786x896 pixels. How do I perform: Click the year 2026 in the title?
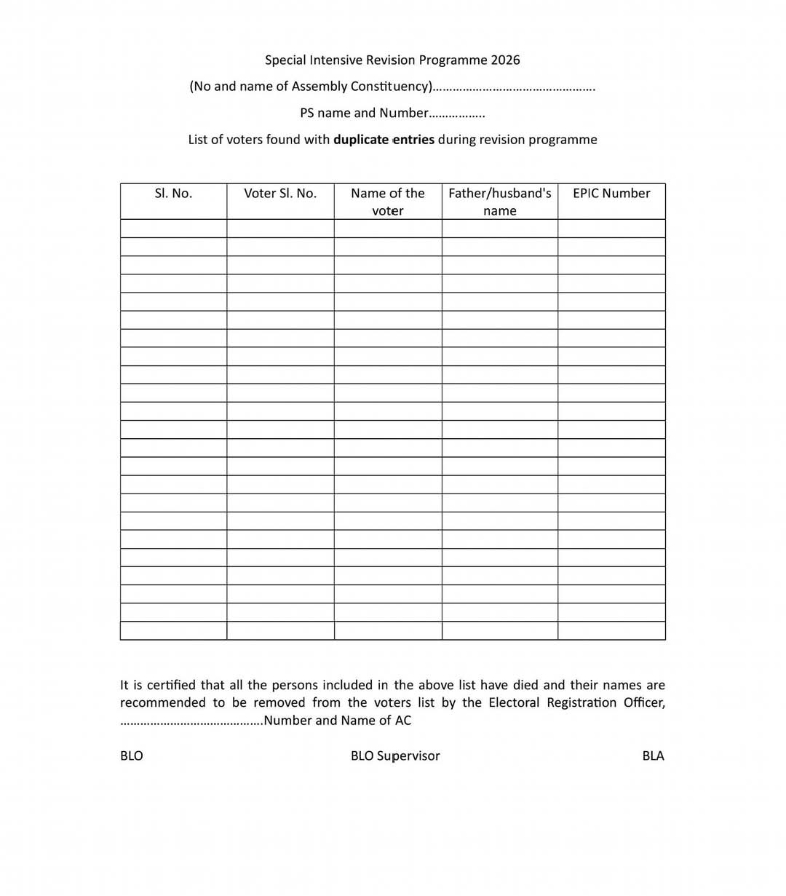coord(505,60)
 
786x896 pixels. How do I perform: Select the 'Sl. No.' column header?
coord(173,193)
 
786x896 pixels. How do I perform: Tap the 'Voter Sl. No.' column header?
coord(280,193)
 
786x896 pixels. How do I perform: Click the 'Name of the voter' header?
coord(388,202)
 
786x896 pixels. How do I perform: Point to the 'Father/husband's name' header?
coord(499,202)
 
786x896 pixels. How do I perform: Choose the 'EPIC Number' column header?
coord(611,193)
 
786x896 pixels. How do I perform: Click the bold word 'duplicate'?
coord(360,140)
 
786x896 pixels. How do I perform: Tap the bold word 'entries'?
coord(413,140)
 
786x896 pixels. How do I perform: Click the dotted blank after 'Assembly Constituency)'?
coord(514,87)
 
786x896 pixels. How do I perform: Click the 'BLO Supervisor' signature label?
coord(395,756)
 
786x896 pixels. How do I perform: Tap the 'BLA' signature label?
coord(653,756)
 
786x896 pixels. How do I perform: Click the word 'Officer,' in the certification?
coord(644,702)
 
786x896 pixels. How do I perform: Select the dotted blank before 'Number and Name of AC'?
coord(191,721)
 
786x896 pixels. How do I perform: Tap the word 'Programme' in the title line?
coord(453,60)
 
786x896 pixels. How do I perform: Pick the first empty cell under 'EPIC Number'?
coord(611,229)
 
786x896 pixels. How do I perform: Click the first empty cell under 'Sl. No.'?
coord(173,229)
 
